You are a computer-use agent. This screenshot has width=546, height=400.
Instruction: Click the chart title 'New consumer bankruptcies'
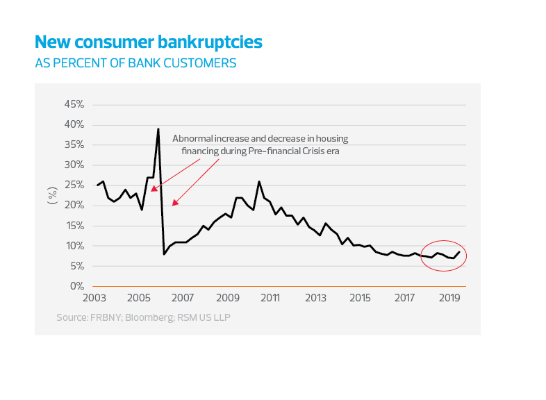click(149, 42)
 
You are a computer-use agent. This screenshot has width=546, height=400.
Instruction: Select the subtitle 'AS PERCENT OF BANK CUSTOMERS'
click(135, 63)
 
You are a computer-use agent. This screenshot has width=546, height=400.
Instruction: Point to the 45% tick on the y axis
click(74, 104)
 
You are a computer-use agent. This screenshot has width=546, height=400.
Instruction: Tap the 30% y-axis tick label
click(74, 165)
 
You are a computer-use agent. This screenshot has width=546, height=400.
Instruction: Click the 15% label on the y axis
click(74, 226)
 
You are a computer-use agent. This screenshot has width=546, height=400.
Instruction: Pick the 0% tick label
click(76, 286)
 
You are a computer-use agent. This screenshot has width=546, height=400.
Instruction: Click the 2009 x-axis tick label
click(227, 298)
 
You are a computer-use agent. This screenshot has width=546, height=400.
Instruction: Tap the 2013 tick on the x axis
click(315, 298)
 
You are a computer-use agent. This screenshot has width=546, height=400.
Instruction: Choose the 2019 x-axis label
click(449, 298)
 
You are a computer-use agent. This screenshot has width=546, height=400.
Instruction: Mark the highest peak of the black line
click(158, 129)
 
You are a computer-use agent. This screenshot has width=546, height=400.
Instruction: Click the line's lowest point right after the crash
click(164, 254)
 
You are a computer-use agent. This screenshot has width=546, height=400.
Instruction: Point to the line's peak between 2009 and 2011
click(259, 182)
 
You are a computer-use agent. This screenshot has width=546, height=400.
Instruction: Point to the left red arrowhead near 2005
click(153, 187)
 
